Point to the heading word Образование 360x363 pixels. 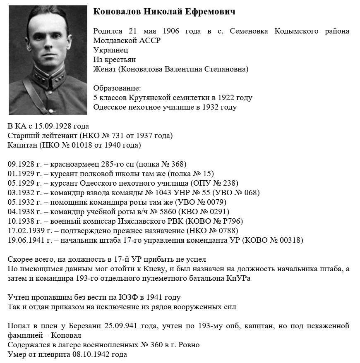coord(117,88)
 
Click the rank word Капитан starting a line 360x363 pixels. coord(21,145)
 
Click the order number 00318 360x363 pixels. coord(289,240)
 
